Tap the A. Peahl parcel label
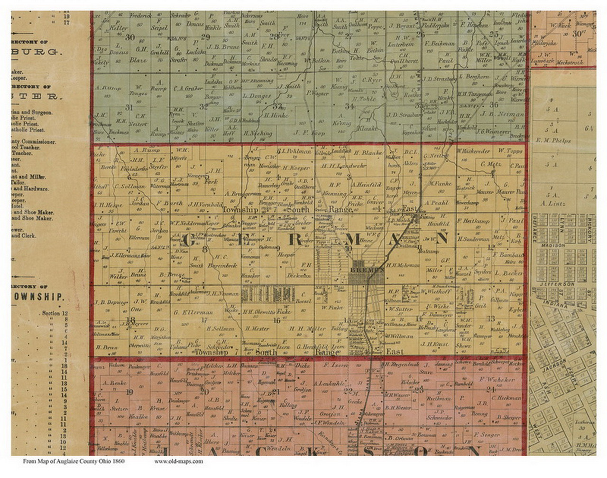click(x=436, y=202)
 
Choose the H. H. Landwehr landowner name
click(x=338, y=166)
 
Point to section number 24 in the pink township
click(x=491, y=390)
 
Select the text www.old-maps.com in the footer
click(x=179, y=461)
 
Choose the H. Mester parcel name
click(x=258, y=328)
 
